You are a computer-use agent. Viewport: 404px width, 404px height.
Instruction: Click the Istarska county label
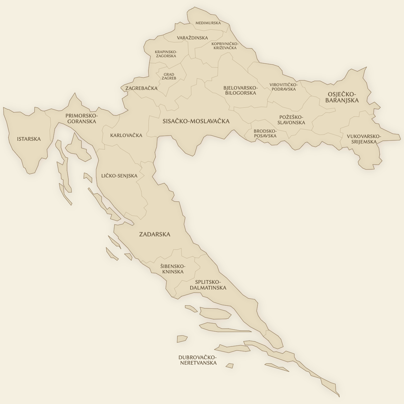pos(29,139)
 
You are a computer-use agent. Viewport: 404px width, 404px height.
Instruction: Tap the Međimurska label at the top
pos(208,23)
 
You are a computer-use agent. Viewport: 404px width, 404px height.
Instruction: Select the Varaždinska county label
pos(192,38)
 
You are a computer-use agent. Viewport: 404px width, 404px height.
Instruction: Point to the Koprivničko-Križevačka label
pos(224,46)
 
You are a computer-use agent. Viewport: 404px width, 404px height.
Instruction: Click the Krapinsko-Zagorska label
pos(166,54)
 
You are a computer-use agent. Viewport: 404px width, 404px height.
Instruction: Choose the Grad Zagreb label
pos(169,76)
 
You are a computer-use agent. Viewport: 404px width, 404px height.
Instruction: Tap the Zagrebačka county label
pos(141,88)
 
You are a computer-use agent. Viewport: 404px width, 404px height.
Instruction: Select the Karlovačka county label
pos(126,135)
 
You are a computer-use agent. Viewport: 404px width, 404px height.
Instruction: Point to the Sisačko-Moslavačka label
pos(196,121)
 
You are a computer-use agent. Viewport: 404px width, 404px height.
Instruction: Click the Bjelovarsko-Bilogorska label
pos(240,90)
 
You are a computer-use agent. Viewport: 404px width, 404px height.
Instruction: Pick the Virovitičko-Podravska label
pos(283,87)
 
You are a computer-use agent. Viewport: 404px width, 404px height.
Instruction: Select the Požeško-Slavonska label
pos(292,120)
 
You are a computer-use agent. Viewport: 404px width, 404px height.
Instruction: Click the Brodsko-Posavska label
pos(265,133)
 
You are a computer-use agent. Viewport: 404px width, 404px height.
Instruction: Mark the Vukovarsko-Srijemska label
pos(364,139)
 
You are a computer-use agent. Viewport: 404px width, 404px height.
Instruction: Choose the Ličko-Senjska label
pos(119,176)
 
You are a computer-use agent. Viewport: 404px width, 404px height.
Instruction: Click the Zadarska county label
pos(155,234)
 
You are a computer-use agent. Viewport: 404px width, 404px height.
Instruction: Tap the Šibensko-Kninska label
pos(172,269)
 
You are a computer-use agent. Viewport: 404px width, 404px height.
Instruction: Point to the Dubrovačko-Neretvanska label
pos(198,360)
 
